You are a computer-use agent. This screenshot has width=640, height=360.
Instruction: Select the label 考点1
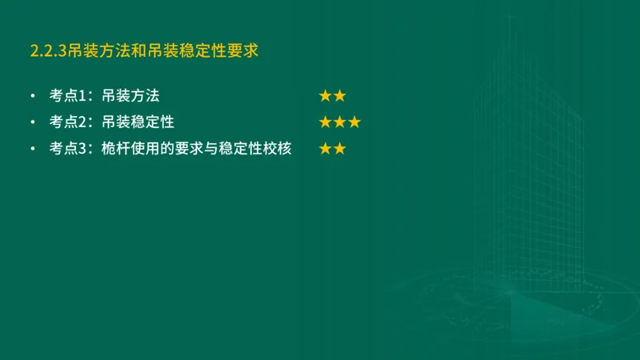pyautogui.click(x=67, y=97)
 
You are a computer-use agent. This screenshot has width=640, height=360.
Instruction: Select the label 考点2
pyautogui.click(x=67, y=122)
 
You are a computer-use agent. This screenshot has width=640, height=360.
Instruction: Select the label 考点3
pyautogui.click(x=67, y=149)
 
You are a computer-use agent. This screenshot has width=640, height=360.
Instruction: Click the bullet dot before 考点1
pyautogui.click(x=32, y=97)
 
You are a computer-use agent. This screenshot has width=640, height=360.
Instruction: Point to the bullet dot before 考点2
pyautogui.click(x=32, y=122)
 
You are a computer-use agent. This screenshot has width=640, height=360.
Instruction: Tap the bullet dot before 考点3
pyautogui.click(x=32, y=149)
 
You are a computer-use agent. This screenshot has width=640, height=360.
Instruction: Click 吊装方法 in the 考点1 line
pyautogui.click(x=131, y=97)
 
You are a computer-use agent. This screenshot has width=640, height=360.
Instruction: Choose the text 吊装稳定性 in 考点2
pyautogui.click(x=138, y=122)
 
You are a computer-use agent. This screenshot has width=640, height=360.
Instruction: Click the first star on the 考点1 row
pyautogui.click(x=325, y=97)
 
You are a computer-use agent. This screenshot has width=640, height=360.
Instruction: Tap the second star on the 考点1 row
pyautogui.click(x=339, y=97)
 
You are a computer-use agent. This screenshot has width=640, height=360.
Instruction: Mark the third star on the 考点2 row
pyautogui.click(x=354, y=122)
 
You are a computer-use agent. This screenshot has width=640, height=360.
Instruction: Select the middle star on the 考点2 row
pyautogui.click(x=340, y=122)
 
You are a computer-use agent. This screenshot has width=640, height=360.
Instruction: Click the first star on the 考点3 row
pyautogui.click(x=325, y=149)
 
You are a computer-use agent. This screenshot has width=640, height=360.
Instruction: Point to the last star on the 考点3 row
pyautogui.click(x=339, y=149)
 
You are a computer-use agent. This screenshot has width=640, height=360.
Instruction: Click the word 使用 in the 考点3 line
pyautogui.click(x=146, y=149)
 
